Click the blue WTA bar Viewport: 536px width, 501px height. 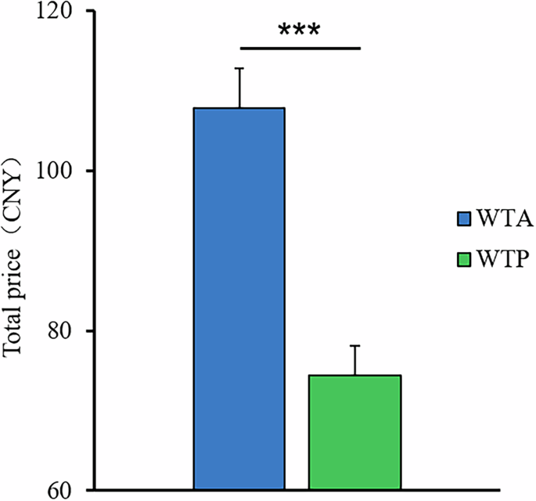pos(239,297)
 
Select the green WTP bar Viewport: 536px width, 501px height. pos(354,432)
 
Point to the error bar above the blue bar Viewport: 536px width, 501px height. pos(240,88)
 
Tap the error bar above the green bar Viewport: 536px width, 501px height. pos(356,360)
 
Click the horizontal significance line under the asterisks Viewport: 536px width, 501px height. pos(299,49)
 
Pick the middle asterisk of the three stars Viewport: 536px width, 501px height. pos(299,31)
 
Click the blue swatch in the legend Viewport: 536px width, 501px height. pos(462,217)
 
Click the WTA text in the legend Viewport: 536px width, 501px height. pos(502,217)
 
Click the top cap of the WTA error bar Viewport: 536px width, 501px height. pos(240,68)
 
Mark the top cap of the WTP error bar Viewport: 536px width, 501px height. pos(356,345)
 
